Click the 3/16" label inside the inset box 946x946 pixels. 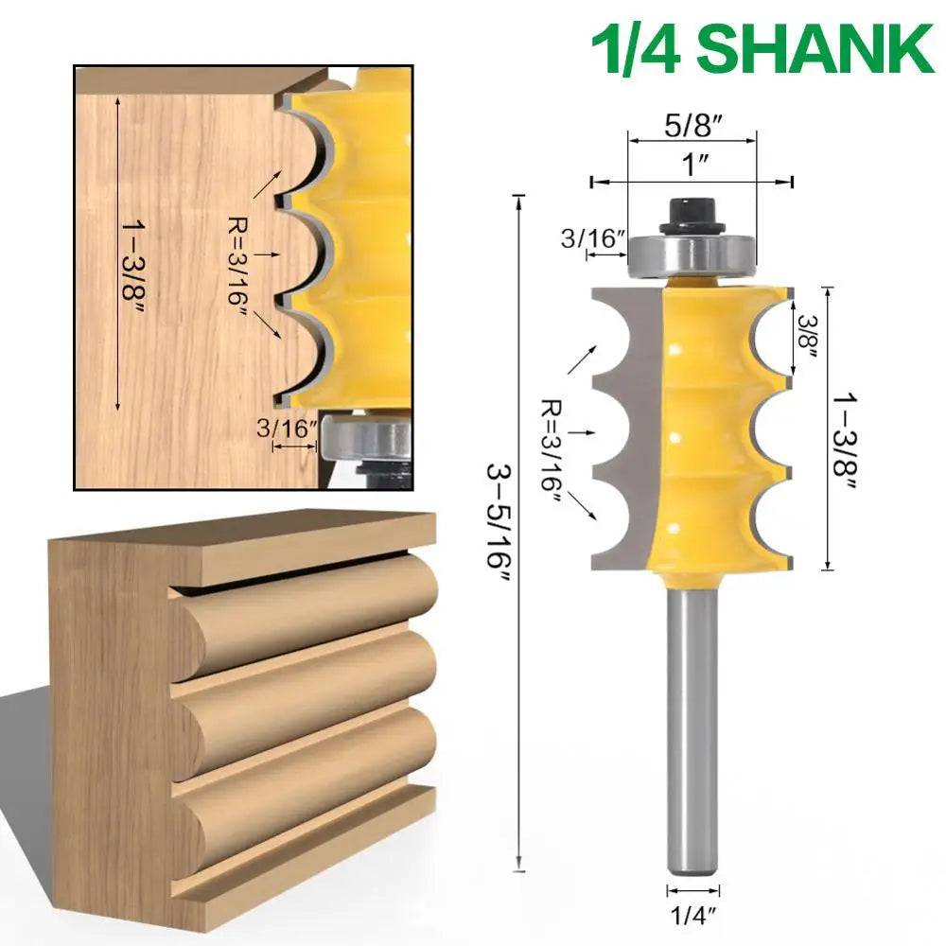click(x=285, y=428)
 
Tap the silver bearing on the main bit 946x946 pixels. click(x=692, y=253)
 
